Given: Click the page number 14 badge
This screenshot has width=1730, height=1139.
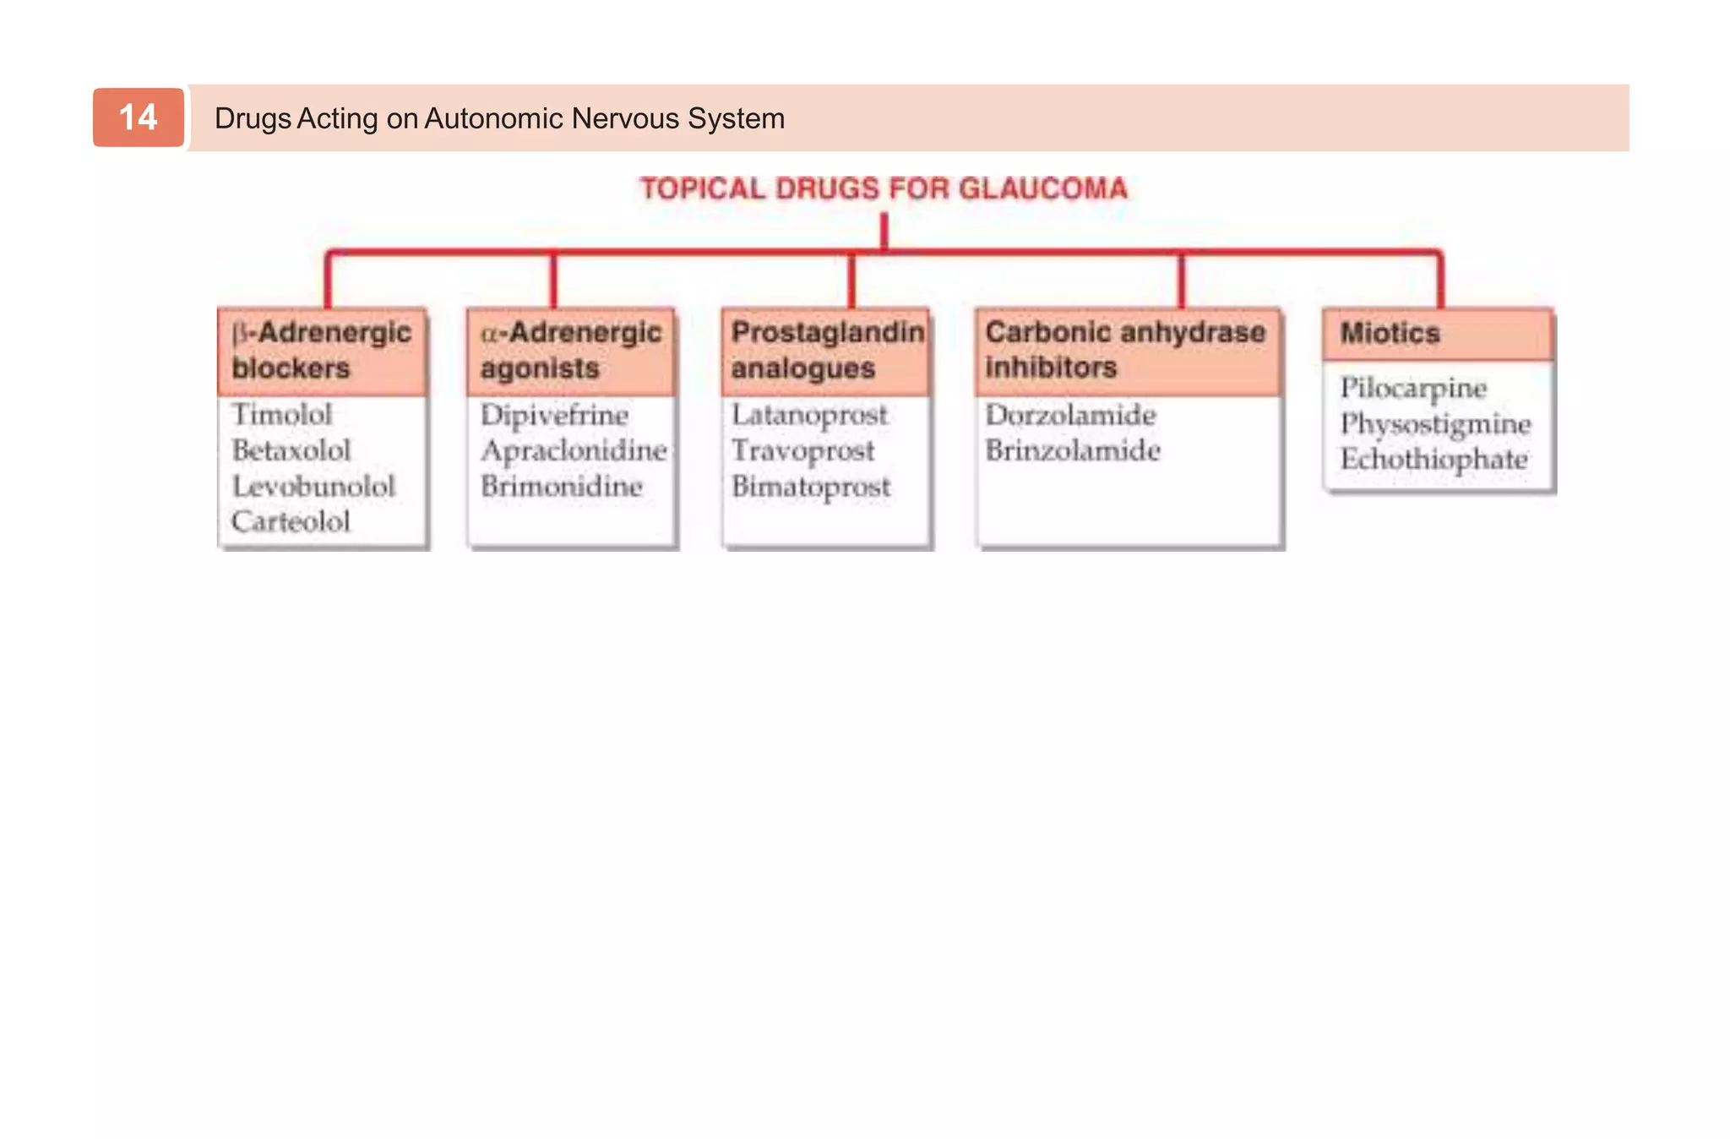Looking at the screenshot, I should pyautogui.click(x=138, y=117).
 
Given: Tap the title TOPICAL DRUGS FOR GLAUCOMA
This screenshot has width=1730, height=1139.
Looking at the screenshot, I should pyautogui.click(x=884, y=188).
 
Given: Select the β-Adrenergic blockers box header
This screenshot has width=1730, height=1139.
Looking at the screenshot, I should pyautogui.click(x=322, y=351).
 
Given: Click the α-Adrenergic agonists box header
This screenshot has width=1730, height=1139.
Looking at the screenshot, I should pyautogui.click(x=571, y=351).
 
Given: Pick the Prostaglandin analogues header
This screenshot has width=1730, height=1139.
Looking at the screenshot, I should pyautogui.click(x=826, y=351).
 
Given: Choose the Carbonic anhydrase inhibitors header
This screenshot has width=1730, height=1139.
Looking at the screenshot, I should pyautogui.click(x=1126, y=350).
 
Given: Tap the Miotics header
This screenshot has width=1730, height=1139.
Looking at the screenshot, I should pyautogui.click(x=1436, y=334).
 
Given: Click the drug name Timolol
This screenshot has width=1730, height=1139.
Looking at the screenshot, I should pyautogui.click(x=282, y=414).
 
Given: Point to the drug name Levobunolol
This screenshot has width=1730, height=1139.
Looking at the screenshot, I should pyautogui.click(x=313, y=486).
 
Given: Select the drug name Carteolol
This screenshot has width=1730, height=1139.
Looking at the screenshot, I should pyautogui.click(x=291, y=521).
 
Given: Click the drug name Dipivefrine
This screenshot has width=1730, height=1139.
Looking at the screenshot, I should pyautogui.click(x=554, y=415).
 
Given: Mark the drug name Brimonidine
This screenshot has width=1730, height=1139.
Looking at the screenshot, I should pyautogui.click(x=562, y=486).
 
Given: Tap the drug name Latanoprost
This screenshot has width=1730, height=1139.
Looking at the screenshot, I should pyautogui.click(x=809, y=415).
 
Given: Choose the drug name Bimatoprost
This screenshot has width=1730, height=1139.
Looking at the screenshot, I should pyautogui.click(x=811, y=487).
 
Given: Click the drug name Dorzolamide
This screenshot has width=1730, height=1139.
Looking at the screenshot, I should pyautogui.click(x=1070, y=415).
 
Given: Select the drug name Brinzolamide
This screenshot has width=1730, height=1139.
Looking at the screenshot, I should pyautogui.click(x=1073, y=450).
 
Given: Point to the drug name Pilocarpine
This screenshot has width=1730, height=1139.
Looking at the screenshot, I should pyautogui.click(x=1413, y=388).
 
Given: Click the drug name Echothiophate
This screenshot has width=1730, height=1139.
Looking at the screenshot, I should pyautogui.click(x=1434, y=459).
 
